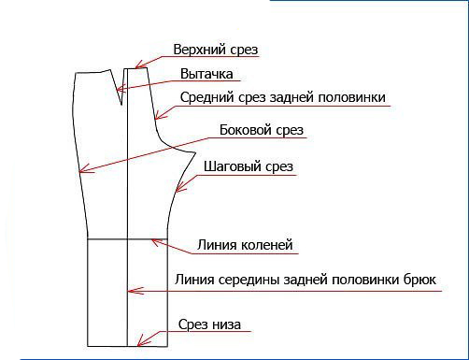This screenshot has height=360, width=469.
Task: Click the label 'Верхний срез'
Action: click(x=215, y=49)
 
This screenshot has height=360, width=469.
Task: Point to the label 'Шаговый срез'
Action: click(x=249, y=167)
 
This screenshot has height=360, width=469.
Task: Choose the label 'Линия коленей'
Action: click(x=246, y=246)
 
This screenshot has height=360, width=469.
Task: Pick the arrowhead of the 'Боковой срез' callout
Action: click(x=81, y=172)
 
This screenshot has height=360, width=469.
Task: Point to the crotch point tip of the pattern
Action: click(x=194, y=150)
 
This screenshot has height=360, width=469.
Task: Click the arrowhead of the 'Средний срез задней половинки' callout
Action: click(x=156, y=118)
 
